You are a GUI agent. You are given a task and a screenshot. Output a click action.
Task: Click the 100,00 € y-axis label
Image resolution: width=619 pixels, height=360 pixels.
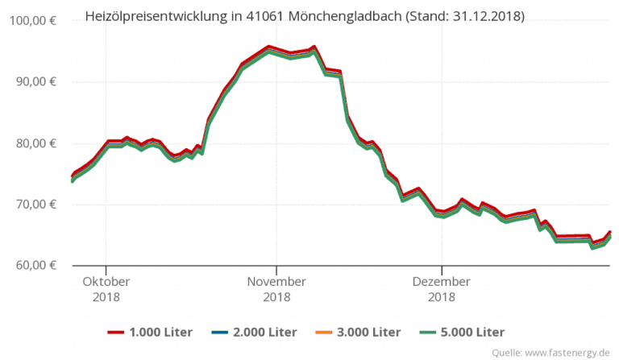click(31, 21)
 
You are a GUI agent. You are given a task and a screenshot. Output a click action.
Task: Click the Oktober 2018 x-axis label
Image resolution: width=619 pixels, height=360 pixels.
click(106, 289)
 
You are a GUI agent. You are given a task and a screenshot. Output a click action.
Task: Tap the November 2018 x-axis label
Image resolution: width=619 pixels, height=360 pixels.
click(276, 289)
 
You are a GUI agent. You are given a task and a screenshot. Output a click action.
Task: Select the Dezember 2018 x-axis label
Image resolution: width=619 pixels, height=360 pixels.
click(441, 289)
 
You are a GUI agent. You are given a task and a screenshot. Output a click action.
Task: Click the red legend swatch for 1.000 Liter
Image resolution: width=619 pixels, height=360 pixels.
click(118, 332)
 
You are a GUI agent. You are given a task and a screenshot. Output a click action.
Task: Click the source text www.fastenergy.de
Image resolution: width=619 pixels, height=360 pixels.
click(568, 352)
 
